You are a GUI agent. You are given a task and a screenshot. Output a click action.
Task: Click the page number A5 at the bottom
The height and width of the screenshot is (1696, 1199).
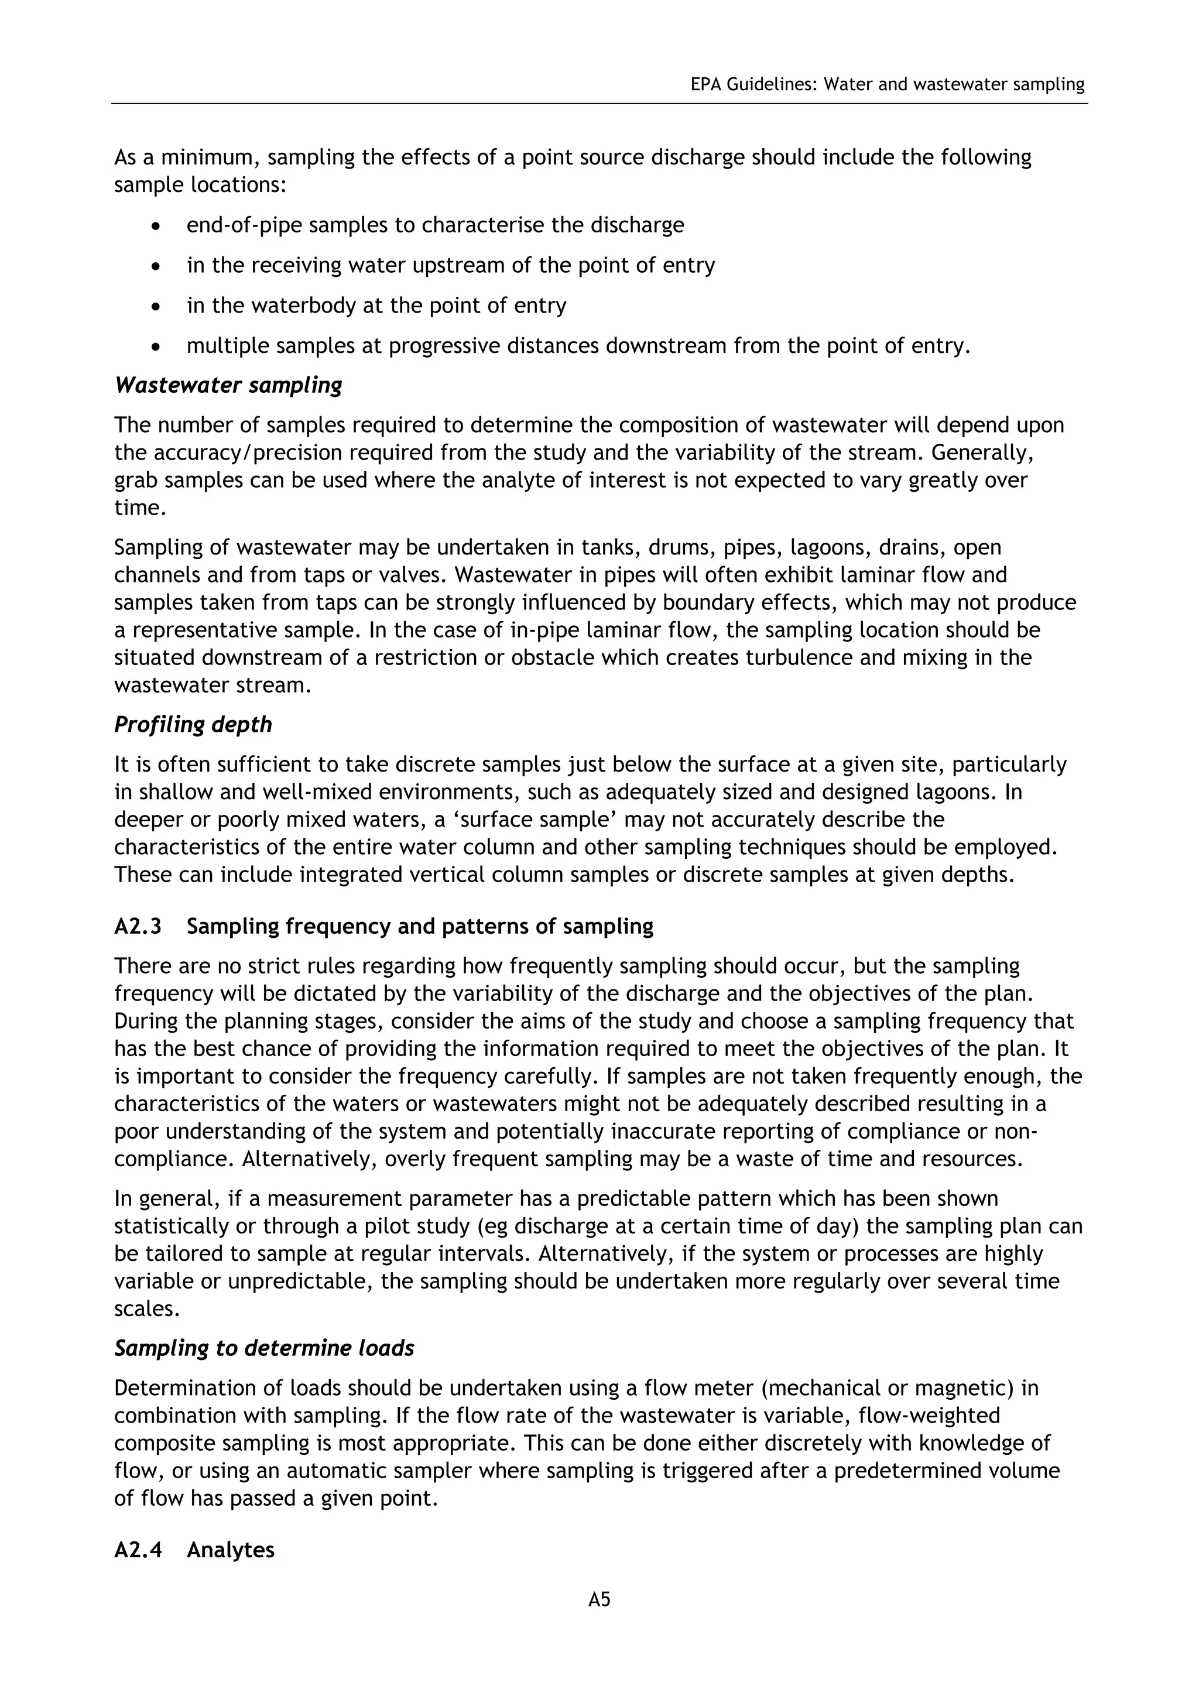(599, 1600)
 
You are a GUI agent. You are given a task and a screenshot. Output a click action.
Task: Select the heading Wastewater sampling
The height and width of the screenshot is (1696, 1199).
(228, 386)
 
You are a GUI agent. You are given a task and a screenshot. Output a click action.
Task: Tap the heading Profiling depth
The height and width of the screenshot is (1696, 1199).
(193, 725)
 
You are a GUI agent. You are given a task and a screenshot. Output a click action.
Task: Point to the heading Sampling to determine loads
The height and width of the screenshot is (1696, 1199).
(263, 1348)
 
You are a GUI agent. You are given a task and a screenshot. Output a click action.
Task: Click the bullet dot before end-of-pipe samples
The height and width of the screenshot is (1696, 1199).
(155, 226)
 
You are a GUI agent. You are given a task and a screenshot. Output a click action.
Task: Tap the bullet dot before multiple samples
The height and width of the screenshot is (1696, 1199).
(155, 347)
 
